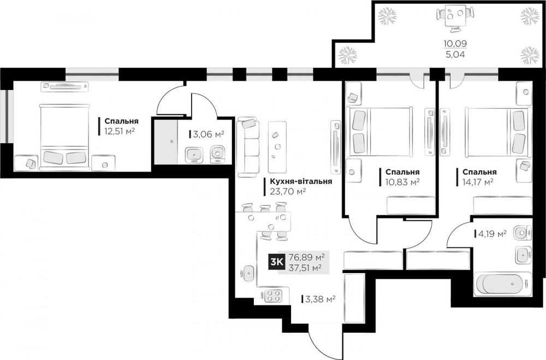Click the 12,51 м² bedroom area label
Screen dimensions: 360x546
pyautogui.click(x=120, y=131)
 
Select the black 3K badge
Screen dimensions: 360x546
pyautogui.click(x=276, y=262)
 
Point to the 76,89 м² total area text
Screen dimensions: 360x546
pyautogui.click(x=306, y=257)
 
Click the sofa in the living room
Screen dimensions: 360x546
pyautogui.click(x=248, y=146)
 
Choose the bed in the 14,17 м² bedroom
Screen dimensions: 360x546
pyautogui.click(x=494, y=134)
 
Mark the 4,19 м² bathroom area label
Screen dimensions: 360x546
pyautogui.click(x=492, y=233)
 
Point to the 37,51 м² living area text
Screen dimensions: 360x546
pyautogui.click(x=306, y=267)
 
